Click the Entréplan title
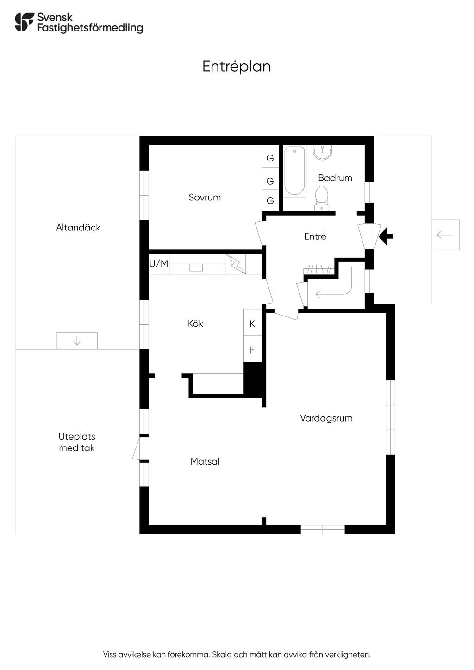point(237,67)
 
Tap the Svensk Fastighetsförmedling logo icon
point(25,22)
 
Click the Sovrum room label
point(205,198)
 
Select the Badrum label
point(335,178)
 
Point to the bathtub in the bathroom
point(294,171)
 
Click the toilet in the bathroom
point(322,198)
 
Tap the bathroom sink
point(322,152)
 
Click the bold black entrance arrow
point(386,236)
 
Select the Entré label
point(315,236)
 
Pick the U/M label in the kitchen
point(159,264)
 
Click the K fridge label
point(252,323)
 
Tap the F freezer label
point(252,350)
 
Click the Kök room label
point(195,323)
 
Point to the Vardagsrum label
point(326,418)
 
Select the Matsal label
point(205,461)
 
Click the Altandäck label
point(78,228)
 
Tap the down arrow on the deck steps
point(77,341)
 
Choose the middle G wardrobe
point(270,181)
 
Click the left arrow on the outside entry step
point(445,235)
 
